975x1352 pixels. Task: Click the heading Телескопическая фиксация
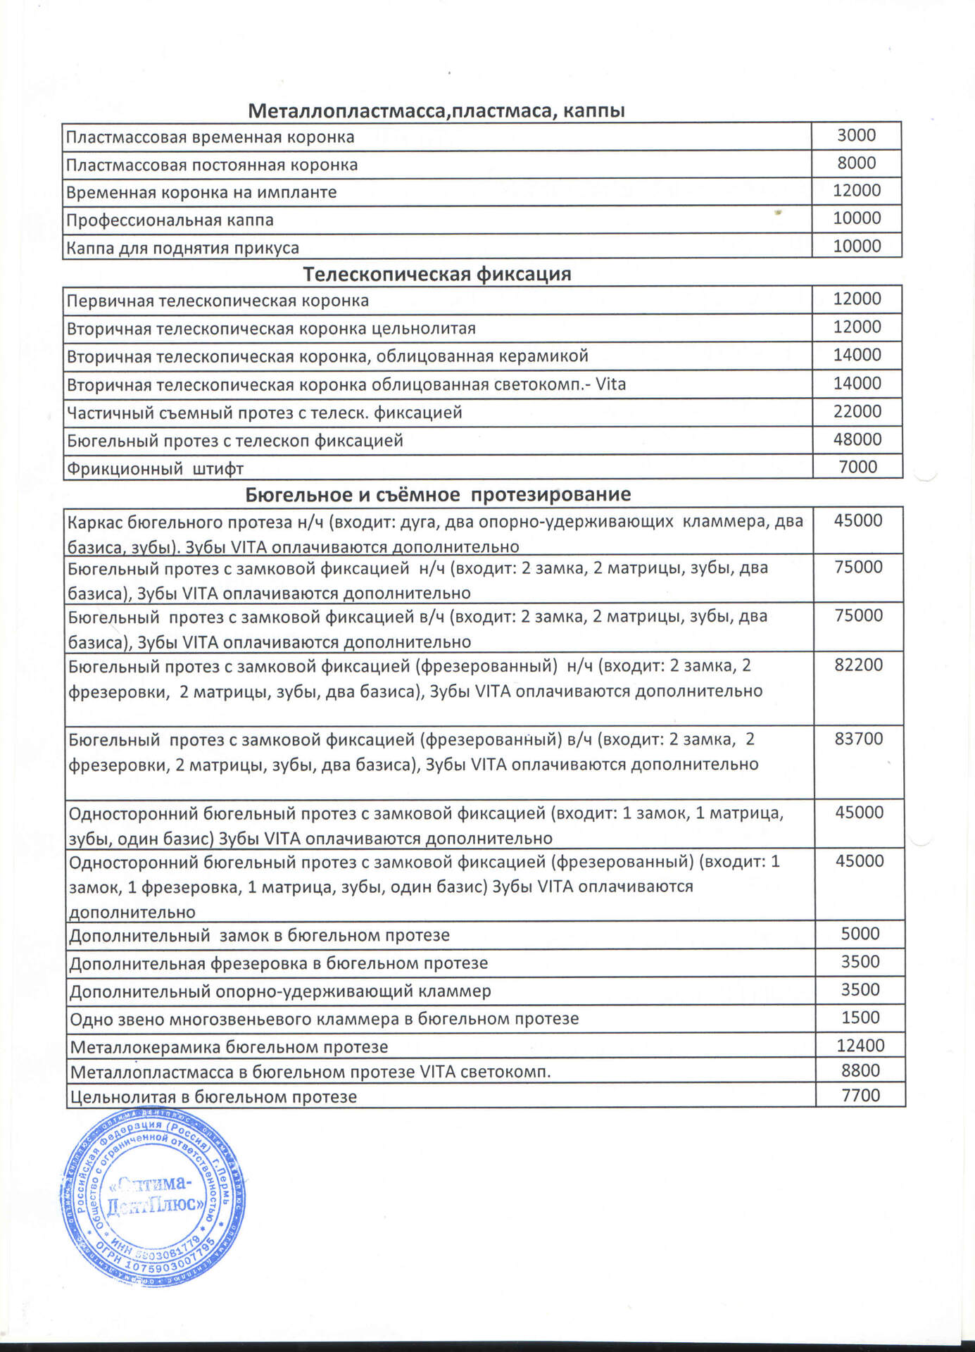[x=436, y=274]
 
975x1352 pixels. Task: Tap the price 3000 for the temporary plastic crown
[x=856, y=135]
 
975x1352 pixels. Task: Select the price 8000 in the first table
[x=856, y=163]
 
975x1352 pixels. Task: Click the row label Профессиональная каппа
[x=170, y=220]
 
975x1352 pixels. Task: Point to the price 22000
[x=857, y=411]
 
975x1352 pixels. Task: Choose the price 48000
[x=857, y=439]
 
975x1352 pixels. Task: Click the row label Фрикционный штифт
[x=155, y=468]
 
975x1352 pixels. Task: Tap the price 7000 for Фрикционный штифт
[x=857, y=467]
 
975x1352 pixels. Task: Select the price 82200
[x=858, y=665]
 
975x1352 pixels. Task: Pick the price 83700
[x=858, y=739]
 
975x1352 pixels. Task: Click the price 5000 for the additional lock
[x=860, y=934]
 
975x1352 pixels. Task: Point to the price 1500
[x=860, y=1018]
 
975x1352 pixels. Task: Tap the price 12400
[x=860, y=1046]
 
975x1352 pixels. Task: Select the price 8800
[x=860, y=1070]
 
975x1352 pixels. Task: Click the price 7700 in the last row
[x=860, y=1096]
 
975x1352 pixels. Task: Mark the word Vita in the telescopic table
[x=610, y=384]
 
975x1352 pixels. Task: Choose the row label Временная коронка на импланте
[x=201, y=192]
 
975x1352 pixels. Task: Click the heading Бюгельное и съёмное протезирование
[x=438, y=494]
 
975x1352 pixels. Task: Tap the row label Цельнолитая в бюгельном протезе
[x=213, y=1097]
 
